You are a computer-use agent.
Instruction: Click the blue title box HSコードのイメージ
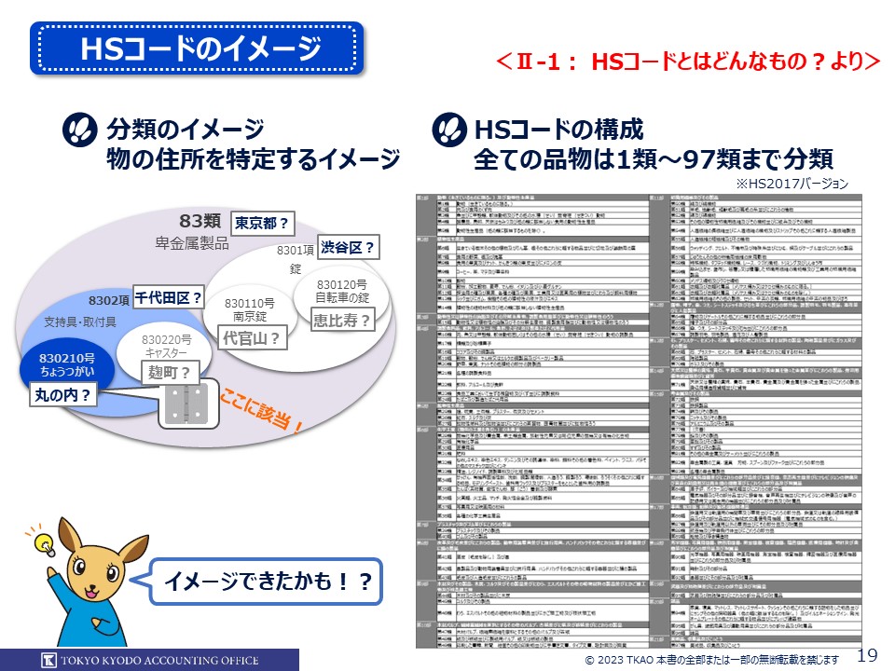(x=197, y=48)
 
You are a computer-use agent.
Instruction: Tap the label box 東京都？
(x=260, y=224)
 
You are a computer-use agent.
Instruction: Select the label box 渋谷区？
(x=348, y=247)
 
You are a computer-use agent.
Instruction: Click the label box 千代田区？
(x=169, y=298)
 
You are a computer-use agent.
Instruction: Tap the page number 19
(x=866, y=653)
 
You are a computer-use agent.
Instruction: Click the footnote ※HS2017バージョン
(x=792, y=184)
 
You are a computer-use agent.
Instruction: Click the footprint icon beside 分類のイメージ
(x=79, y=130)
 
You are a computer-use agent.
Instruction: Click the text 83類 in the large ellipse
(x=200, y=221)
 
